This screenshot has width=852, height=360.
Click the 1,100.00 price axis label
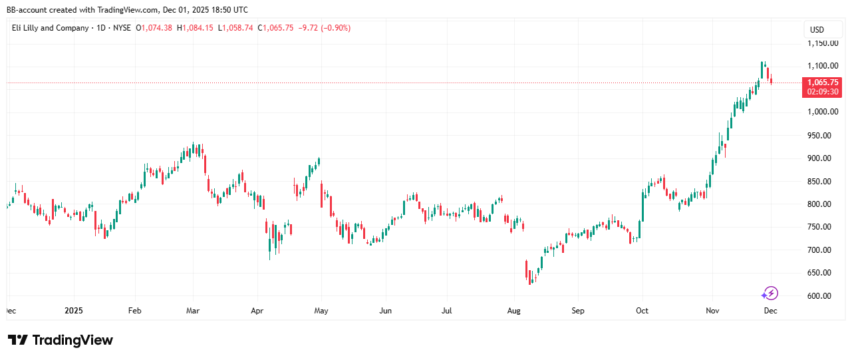pos(823,66)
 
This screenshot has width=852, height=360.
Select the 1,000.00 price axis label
pos(823,112)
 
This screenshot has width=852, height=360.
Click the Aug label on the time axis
pos(513,311)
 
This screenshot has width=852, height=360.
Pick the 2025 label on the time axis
pos(74,311)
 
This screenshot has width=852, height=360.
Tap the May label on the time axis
pos(321,311)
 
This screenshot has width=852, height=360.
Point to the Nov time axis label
pos(712,311)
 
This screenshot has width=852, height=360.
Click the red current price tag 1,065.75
pos(823,83)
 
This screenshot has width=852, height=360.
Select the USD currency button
pos(817,29)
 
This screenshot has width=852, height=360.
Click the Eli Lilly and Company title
pos(50,28)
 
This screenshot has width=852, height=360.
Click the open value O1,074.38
pos(154,28)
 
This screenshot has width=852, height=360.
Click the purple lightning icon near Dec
pos(770,293)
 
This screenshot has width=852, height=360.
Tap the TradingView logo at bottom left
pos(61,340)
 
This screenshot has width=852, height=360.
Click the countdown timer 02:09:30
pos(823,92)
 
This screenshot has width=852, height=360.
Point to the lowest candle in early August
pos(530,279)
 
